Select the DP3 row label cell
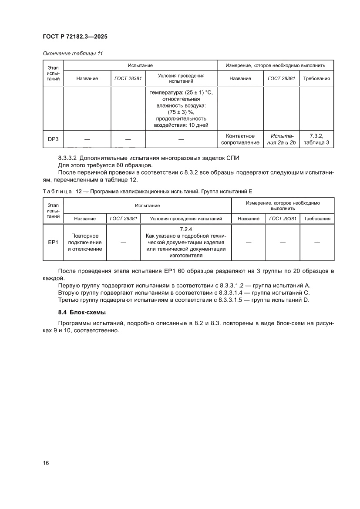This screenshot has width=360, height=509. coord(53,139)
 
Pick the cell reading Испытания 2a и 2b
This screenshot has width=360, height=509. coord(281,139)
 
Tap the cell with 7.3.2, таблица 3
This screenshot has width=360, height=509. coord(316,139)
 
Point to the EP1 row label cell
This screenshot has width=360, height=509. coord(53,242)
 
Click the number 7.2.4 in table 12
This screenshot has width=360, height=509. coord(186,229)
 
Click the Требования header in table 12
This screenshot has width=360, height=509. coord(317,219)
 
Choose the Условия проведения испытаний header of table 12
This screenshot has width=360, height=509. coord(186,219)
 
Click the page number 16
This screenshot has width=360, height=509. coord(46,462)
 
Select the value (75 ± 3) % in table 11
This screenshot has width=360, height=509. coord(181,112)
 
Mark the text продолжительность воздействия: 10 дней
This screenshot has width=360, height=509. coord(181,122)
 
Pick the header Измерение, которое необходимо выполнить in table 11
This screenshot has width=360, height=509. coord(275,65)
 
